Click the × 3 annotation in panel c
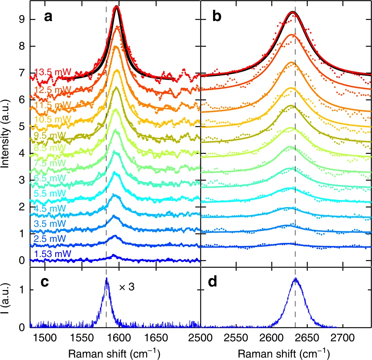tap(127, 287)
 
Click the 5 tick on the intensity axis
tap(23, 126)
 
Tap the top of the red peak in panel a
tap(117, 6)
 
